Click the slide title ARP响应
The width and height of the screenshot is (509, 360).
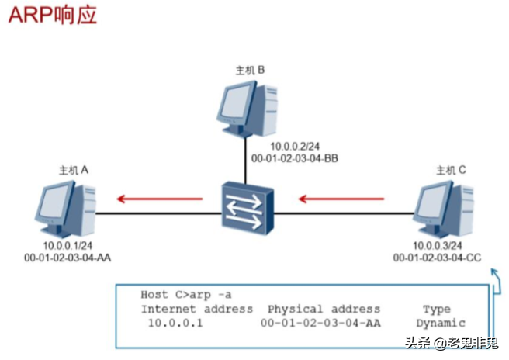[53, 16]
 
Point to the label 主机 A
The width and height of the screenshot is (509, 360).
[74, 168]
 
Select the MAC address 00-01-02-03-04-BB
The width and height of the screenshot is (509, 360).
[294, 158]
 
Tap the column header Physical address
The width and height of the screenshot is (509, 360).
[324, 309]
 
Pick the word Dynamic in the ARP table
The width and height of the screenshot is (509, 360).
[440, 323]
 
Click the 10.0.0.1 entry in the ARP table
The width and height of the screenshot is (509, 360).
[175, 323]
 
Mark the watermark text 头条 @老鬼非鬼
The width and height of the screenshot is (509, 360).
[455, 341]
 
